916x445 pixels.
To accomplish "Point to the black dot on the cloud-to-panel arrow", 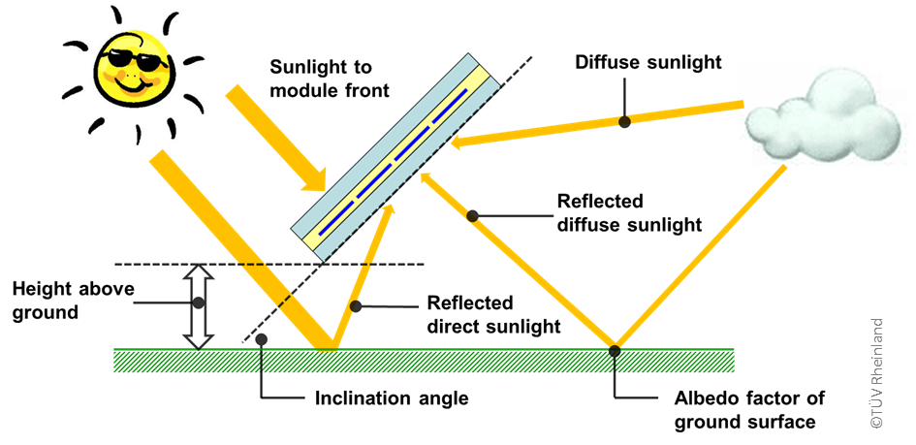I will (x=624, y=121).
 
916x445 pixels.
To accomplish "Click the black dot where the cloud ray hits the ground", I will (x=615, y=350).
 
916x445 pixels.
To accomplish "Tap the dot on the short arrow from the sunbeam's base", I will (x=354, y=306).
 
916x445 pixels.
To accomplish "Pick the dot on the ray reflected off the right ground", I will (x=472, y=216).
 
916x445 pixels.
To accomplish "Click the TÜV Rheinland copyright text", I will (x=876, y=372).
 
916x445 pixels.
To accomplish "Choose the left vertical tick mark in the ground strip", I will (x=261, y=362).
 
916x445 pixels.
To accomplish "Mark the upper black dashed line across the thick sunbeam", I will (x=253, y=264).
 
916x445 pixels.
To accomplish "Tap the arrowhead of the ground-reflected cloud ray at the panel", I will (x=426, y=179).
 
